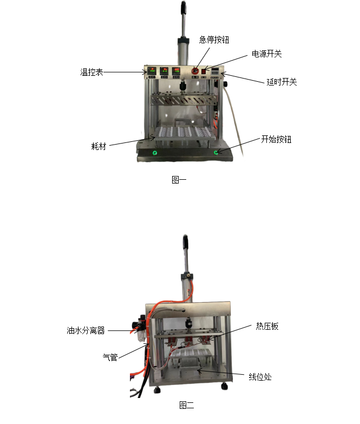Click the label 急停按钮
pyautogui.click(x=214, y=40)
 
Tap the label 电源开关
pyautogui.click(x=267, y=54)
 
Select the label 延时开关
pyautogui.click(x=282, y=82)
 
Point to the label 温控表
pyautogui.click(x=91, y=72)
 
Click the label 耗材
pyautogui.click(x=99, y=146)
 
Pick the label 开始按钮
pyautogui.click(x=276, y=139)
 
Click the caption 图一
pyautogui.click(x=179, y=180)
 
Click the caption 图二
pyautogui.click(x=186, y=405)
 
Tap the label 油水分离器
pyautogui.click(x=86, y=330)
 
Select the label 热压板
pyautogui.click(x=267, y=326)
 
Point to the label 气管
pyautogui.click(x=110, y=357)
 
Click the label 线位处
pyautogui.click(x=260, y=377)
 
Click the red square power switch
pyautogui.click(x=204, y=71)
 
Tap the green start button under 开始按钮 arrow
pyautogui.click(x=216, y=153)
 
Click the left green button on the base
pyautogui.click(x=155, y=153)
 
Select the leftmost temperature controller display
pyautogui.click(x=152, y=71)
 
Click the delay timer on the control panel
pyautogui.click(x=215, y=72)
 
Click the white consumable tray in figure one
pyautogui.click(x=185, y=133)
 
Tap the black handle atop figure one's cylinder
pyautogui.click(x=184, y=7)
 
